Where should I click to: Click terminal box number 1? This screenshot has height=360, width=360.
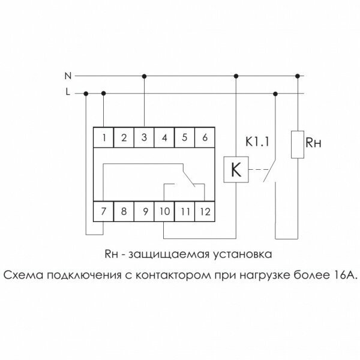point(104,138)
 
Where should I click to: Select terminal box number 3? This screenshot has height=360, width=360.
point(145,138)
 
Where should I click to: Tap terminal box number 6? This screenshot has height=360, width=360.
point(205,138)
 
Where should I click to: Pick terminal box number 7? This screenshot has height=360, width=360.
point(104,211)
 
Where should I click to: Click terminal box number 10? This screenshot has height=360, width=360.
point(164,211)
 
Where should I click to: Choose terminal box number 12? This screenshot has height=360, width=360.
point(205,211)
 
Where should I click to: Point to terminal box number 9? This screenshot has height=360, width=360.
point(145,211)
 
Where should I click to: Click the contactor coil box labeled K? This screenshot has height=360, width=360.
point(236,170)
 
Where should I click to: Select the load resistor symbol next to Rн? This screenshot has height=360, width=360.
point(297,143)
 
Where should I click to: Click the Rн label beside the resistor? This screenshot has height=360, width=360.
point(314,143)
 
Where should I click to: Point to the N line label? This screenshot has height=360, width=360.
point(68,76)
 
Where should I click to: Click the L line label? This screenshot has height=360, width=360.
point(68,93)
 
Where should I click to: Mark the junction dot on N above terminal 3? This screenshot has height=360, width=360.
point(145,76)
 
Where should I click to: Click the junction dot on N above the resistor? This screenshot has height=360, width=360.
point(297,76)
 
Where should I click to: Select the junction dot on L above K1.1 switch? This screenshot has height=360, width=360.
point(275,93)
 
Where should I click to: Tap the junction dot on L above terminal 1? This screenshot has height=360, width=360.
point(104,93)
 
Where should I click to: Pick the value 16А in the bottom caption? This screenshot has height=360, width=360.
point(343,275)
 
